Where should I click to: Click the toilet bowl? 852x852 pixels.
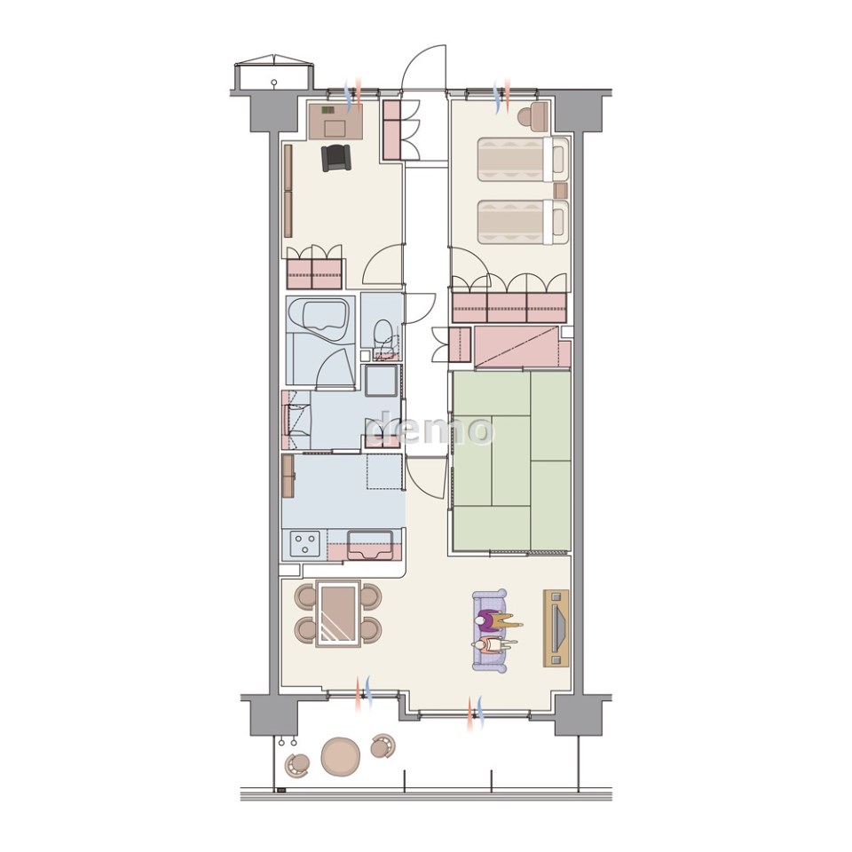pyautogui.click(x=383, y=332)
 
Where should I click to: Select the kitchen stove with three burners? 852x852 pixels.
pyautogui.click(x=305, y=544)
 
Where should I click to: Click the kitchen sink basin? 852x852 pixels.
pyautogui.click(x=370, y=544)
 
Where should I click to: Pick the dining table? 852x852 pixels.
pyautogui.click(x=338, y=614)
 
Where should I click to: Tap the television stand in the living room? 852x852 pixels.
pyautogui.click(x=556, y=627)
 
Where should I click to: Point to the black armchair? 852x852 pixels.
pyautogui.click(x=336, y=158)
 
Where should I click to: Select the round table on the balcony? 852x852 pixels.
pyautogui.click(x=341, y=756)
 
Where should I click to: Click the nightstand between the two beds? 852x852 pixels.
pyautogui.click(x=560, y=190)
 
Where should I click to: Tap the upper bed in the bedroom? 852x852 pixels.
pyautogui.click(x=523, y=159)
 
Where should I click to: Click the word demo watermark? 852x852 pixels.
pyautogui.click(x=430, y=428)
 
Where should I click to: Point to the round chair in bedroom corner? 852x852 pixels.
pyautogui.click(x=532, y=116)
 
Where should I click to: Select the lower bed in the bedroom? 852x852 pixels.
pyautogui.click(x=523, y=222)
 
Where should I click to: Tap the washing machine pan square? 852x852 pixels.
pyautogui.click(x=382, y=381)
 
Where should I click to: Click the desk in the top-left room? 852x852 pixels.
pyautogui.click(x=335, y=122)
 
